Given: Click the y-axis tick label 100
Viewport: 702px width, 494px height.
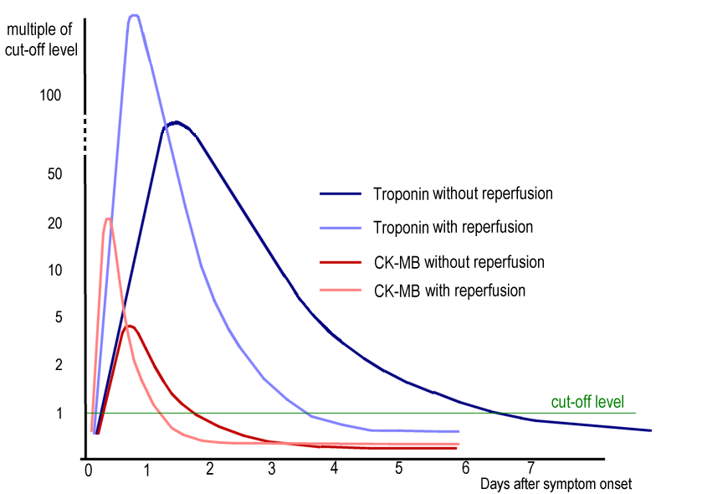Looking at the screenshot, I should pos(51,95).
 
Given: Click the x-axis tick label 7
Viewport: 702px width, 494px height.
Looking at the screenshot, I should pos(530,467).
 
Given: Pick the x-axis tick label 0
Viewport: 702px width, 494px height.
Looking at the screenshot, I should pos(89,471).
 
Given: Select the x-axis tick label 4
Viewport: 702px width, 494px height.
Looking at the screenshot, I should pos(334,467).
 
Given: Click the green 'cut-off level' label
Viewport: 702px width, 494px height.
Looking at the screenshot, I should pos(587,402).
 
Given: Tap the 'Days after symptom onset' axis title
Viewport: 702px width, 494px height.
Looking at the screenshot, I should pos(556,484).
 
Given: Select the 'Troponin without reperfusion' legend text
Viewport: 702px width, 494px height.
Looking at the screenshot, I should pos(463,193).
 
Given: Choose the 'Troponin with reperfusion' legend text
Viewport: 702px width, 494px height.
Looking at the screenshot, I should pos(453,227).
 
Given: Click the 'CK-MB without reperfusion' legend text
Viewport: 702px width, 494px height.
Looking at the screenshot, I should pos(459,262).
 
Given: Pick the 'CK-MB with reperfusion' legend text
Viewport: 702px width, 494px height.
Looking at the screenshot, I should pos(449,291).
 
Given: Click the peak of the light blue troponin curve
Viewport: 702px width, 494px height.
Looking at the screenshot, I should pos(133,15).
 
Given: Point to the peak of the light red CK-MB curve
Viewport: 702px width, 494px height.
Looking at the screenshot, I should pos(108,219).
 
